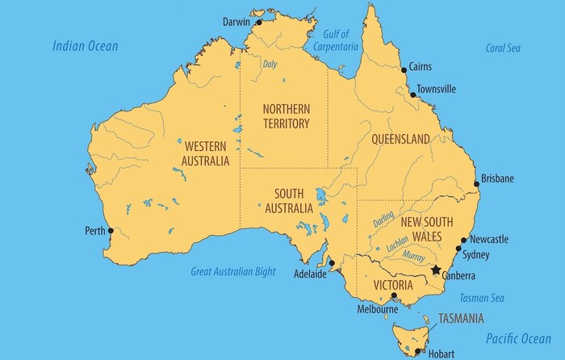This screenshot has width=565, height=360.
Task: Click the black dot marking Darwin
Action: [x=260, y=23]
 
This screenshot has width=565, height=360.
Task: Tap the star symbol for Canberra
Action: [x=437, y=270]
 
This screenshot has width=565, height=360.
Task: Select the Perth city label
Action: [x=94, y=231]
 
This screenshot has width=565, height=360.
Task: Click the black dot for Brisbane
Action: [x=476, y=184]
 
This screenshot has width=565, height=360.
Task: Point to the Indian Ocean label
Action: [x=86, y=46]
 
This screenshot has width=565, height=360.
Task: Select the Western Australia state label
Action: [x=206, y=153]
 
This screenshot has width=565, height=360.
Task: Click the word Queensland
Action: [x=400, y=140]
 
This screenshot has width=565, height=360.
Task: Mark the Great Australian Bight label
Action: [x=232, y=272]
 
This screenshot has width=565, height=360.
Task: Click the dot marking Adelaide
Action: [x=331, y=262]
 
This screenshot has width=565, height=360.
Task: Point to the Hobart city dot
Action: [x=417, y=350]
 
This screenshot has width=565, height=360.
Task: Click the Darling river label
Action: [x=383, y=220]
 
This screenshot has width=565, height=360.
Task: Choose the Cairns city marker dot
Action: [x=404, y=70]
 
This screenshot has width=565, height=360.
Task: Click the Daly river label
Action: [x=270, y=64]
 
